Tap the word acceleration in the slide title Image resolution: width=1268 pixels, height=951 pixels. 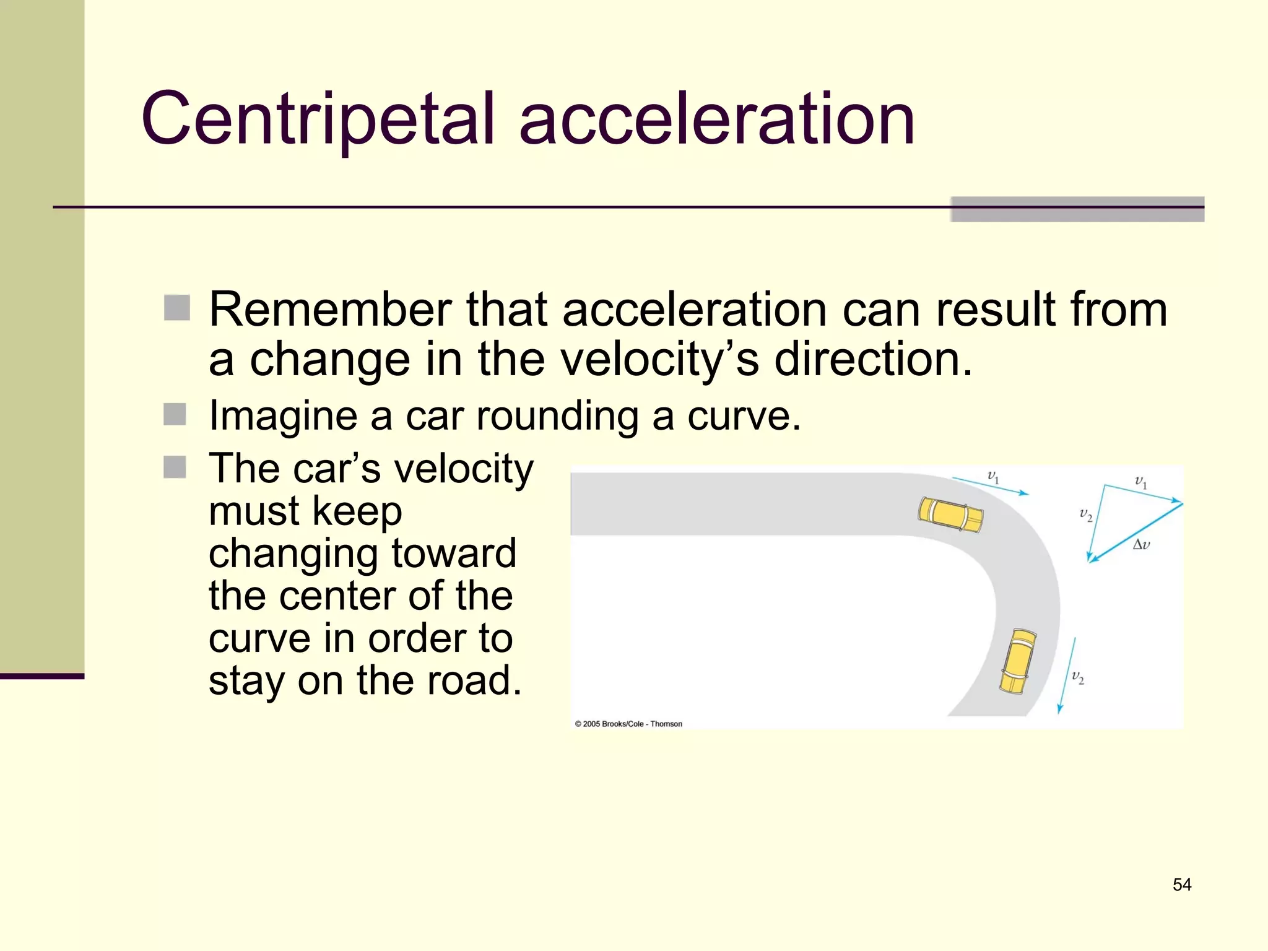[716, 119]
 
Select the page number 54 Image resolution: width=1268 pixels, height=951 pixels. [1181, 884]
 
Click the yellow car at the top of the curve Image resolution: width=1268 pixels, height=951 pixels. [950, 515]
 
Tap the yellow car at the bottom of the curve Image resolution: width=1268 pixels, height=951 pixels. [1018, 661]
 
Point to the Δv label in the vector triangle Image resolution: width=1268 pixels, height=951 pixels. [1141, 545]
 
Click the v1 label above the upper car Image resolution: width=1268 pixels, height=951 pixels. [993, 477]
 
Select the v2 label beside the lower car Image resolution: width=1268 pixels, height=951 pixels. [1078, 678]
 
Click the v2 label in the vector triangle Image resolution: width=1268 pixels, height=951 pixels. [1086, 515]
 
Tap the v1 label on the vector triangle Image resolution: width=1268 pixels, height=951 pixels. [1140, 482]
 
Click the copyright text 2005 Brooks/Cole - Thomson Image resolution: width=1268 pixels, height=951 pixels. [628, 724]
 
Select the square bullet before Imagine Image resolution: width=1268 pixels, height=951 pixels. [175, 415]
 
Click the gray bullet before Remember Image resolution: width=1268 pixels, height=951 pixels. [177, 308]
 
